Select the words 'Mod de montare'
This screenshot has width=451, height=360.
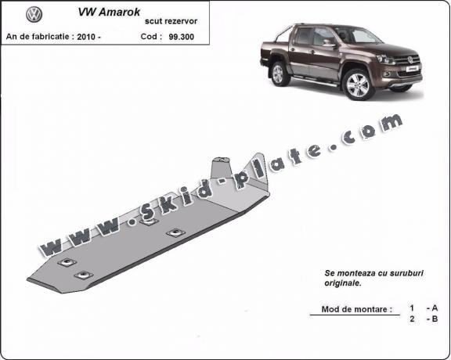[356, 310]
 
